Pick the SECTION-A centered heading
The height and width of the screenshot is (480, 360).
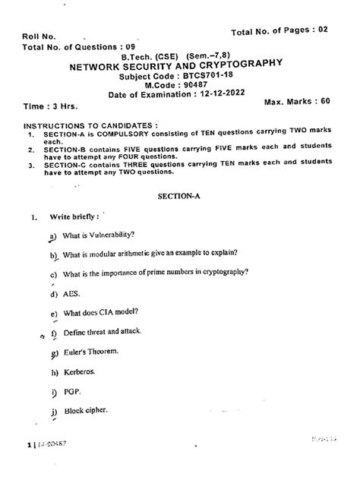(x=179, y=194)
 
